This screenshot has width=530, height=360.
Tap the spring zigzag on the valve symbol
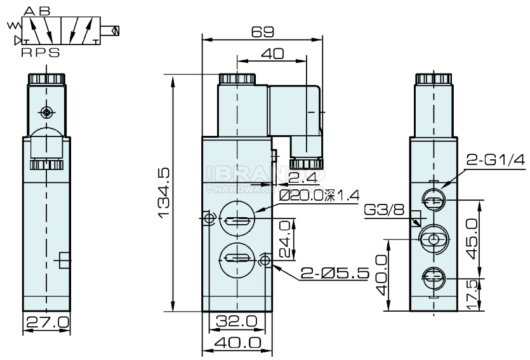(12, 26)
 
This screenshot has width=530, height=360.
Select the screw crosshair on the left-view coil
(46, 112)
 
